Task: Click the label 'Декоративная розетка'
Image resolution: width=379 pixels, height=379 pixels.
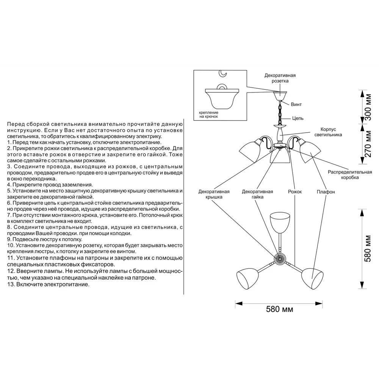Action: click(280, 78)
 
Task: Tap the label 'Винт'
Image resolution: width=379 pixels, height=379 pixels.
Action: click(296, 104)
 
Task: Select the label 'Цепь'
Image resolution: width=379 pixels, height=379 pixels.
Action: click(298, 118)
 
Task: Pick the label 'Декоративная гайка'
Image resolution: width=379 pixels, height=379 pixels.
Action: click(257, 194)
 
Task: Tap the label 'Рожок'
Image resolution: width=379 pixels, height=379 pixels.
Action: click(295, 192)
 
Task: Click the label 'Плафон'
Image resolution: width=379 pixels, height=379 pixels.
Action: click(326, 192)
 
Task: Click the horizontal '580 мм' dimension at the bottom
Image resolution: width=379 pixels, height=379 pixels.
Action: click(279, 309)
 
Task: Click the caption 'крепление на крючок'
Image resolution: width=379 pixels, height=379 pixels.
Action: click(209, 115)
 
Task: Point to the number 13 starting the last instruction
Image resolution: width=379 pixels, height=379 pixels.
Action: click(10, 284)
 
